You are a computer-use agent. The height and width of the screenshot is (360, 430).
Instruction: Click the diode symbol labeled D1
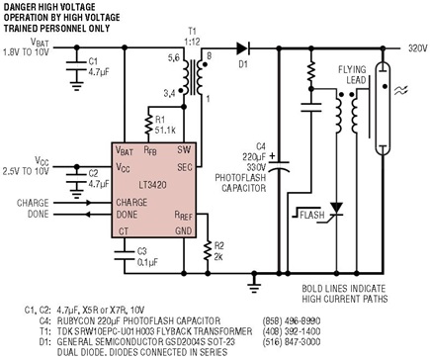point(242,48)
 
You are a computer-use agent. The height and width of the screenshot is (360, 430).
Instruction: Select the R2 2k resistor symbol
point(208,250)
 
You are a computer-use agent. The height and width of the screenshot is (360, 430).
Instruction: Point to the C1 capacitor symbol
point(77,65)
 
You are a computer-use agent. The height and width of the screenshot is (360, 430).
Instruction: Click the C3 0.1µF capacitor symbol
point(125,255)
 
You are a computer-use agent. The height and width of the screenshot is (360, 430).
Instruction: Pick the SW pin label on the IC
point(184,149)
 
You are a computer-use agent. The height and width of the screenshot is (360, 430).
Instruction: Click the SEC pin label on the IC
point(185,167)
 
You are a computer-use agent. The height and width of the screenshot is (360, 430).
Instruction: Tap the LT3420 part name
point(152,185)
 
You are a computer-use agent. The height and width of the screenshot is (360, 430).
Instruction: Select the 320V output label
point(418,48)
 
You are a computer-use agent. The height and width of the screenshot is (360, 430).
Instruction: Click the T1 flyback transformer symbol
point(194,77)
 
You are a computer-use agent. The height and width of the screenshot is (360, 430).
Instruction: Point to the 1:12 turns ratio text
point(192,42)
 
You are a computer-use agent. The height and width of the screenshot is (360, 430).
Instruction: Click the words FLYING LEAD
point(352,75)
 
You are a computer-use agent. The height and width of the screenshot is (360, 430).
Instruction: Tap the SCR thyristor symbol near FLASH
point(336,212)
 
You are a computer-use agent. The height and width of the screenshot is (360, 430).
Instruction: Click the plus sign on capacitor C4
point(272,156)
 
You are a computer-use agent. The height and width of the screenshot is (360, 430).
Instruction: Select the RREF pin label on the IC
point(183,216)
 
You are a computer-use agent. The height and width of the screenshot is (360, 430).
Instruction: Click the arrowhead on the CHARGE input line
point(88,203)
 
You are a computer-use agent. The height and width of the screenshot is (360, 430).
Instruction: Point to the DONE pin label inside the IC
point(127,215)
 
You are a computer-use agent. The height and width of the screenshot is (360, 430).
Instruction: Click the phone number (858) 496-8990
point(292,320)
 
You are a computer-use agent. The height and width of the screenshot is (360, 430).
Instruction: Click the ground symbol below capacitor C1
point(77,86)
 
